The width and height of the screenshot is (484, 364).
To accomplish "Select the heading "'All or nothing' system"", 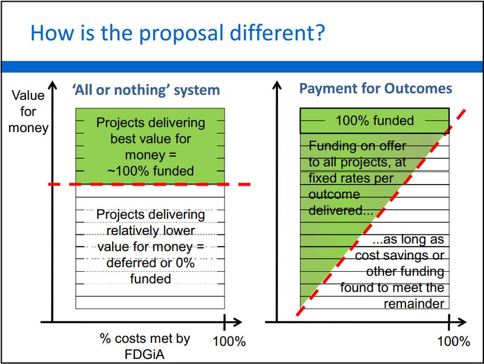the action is tap(146, 90).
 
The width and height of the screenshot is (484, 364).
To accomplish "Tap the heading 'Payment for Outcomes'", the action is tap(376, 89).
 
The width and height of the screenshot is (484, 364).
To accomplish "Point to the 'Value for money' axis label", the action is tap(28, 112).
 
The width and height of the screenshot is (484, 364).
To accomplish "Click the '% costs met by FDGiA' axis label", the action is tap(145, 346).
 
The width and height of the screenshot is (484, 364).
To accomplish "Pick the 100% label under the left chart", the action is tap(229, 341).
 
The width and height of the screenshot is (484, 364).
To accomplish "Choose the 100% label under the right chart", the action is tap(454, 341).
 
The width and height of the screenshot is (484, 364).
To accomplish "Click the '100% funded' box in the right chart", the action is tap(375, 121).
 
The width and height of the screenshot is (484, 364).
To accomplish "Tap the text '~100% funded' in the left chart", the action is tap(151, 171).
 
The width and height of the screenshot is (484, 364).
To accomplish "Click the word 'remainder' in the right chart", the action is tap(414, 304).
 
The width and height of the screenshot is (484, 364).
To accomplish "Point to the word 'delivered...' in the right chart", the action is tap(341, 210).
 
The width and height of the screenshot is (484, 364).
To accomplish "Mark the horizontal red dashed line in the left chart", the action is tap(149, 185).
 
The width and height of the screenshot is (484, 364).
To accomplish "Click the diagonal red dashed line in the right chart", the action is tap(380, 212).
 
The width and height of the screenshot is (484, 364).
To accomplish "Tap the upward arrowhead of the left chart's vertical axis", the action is tap(53, 85).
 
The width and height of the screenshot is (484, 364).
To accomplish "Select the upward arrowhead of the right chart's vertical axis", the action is tap(277, 85).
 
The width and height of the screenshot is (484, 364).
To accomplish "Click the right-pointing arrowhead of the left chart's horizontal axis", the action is tap(237, 322).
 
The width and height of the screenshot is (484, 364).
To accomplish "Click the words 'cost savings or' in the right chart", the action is tap(399, 255).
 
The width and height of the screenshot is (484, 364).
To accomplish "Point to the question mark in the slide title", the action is tap(320, 32).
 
